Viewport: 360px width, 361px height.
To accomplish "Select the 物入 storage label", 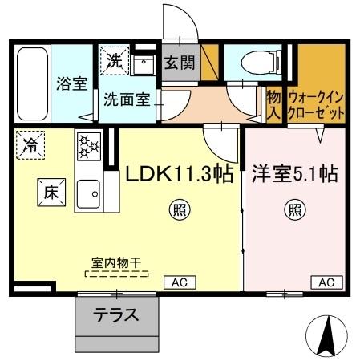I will coord(273,103).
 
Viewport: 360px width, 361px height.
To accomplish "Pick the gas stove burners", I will coord(87,147).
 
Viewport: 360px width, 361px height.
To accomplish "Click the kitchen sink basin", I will coord(87,192).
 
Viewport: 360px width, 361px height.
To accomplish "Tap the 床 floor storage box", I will coord(49,192).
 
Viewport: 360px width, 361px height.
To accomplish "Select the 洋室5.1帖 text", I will coord(295,173).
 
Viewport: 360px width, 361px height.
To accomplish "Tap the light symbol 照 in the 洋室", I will coord(294,212).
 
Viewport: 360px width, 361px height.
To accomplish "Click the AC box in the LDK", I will coord(179,282).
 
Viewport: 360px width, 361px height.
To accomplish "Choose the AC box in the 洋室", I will coord(325,282).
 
